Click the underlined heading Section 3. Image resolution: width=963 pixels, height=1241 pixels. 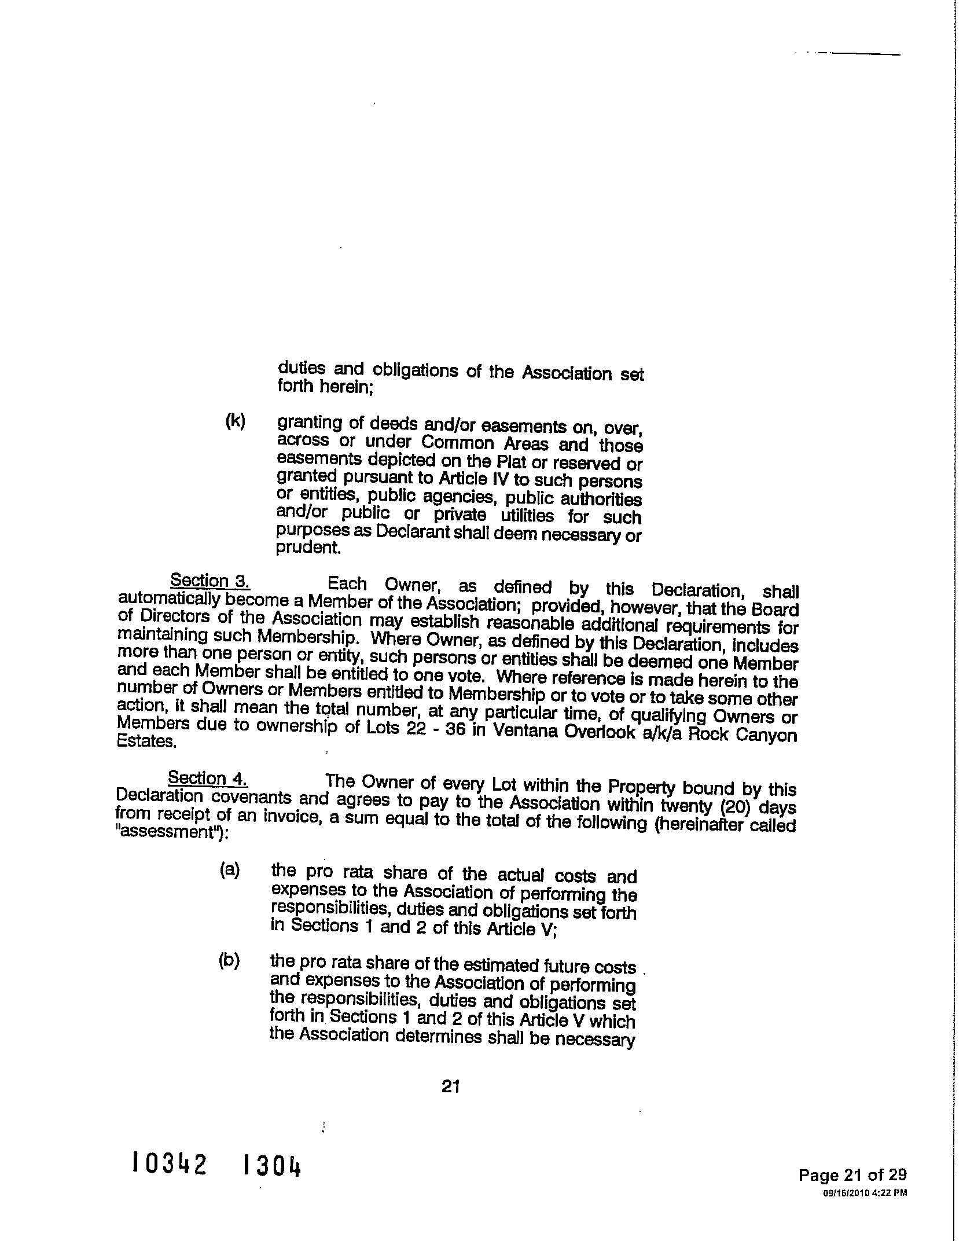(x=210, y=581)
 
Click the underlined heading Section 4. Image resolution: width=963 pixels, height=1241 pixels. (x=208, y=778)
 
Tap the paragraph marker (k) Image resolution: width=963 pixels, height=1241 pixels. (x=236, y=421)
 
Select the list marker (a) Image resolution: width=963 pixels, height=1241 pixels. (x=230, y=870)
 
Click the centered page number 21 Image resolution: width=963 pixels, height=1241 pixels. (x=451, y=1086)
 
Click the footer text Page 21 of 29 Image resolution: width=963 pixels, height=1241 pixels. (x=852, y=1174)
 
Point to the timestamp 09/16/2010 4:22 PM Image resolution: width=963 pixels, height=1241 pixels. (x=864, y=1192)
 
